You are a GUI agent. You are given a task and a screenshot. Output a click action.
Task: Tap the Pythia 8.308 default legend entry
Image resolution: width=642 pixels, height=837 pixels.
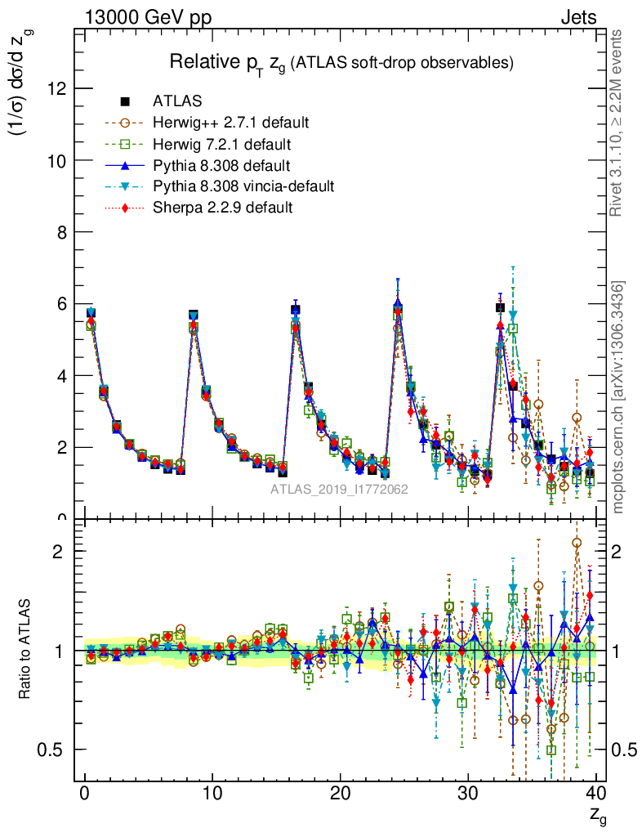[x=221, y=166]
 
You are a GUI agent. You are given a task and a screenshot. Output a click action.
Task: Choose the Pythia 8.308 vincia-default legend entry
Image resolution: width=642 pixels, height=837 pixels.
[x=243, y=187]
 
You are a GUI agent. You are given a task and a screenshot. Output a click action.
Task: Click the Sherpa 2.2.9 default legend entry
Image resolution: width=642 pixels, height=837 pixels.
[x=222, y=208]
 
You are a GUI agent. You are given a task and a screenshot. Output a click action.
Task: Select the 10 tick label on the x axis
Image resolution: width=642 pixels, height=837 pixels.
[x=212, y=794]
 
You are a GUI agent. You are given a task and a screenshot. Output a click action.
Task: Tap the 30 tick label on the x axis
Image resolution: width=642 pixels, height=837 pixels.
[x=468, y=794]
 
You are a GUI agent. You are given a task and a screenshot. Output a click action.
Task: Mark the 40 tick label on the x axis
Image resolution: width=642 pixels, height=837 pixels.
[x=595, y=794]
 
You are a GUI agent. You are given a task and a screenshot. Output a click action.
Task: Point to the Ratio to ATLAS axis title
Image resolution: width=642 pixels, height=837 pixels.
[x=26, y=650]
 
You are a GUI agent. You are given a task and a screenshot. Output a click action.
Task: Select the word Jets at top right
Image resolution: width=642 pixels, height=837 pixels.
[x=577, y=17]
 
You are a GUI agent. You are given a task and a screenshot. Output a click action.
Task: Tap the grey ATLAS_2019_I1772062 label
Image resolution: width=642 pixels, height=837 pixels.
[x=340, y=490]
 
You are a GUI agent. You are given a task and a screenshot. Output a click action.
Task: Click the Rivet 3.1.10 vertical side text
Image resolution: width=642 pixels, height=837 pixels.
[x=617, y=123]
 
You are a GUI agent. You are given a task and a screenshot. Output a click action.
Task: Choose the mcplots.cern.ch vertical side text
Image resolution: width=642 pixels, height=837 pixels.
[x=618, y=397]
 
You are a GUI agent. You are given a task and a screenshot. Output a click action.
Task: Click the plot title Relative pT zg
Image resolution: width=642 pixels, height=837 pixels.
[x=341, y=63]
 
